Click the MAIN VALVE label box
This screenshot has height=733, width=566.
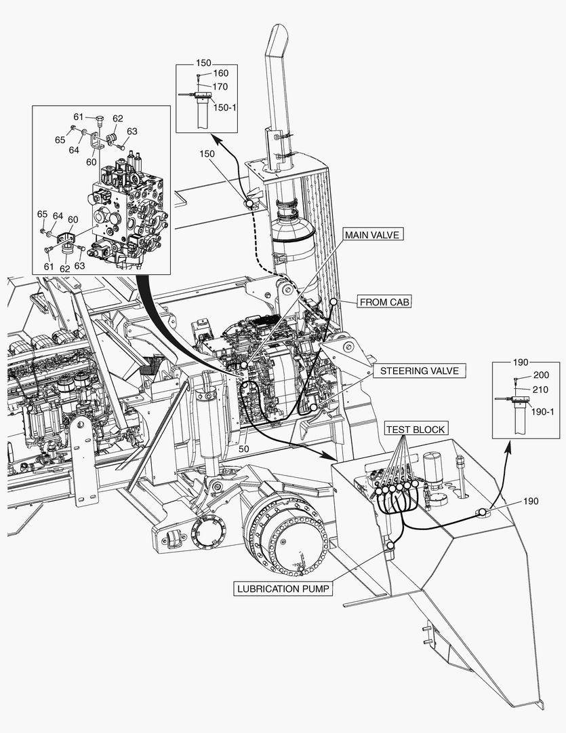click(x=373, y=235)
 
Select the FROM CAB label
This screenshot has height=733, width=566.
click(x=384, y=301)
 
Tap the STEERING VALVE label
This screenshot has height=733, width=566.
click(x=419, y=371)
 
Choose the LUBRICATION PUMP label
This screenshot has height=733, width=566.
click(x=283, y=588)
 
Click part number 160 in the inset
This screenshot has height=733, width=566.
click(x=221, y=73)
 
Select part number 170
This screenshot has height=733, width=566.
click(x=220, y=87)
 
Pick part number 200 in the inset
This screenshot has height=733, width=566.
click(x=541, y=375)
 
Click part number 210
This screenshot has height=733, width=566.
click(x=541, y=389)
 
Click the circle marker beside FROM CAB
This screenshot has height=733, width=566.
click(x=333, y=301)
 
